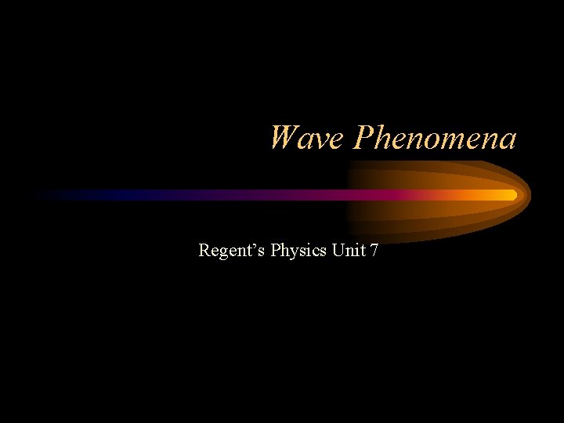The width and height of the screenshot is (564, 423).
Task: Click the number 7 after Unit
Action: point(375,251)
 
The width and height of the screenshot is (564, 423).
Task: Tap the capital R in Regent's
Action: point(204,251)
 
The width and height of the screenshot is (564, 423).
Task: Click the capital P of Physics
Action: point(276,251)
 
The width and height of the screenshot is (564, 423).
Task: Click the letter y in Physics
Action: point(292,254)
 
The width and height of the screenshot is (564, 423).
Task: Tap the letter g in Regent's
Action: point(224,254)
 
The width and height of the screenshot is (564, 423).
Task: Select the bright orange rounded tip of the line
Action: point(511,194)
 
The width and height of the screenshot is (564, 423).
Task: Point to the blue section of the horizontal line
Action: point(117,194)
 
